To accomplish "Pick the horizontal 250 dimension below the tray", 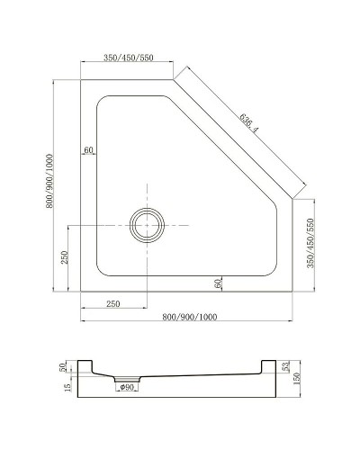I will click(113, 304).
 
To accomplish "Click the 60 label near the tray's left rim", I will click(89, 149).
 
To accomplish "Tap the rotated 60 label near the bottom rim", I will click(219, 283).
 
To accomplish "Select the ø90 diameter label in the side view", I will click(128, 388).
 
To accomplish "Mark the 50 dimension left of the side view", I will click(63, 366).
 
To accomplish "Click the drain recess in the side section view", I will click(126, 378).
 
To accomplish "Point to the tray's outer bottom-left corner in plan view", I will click(82, 292).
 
